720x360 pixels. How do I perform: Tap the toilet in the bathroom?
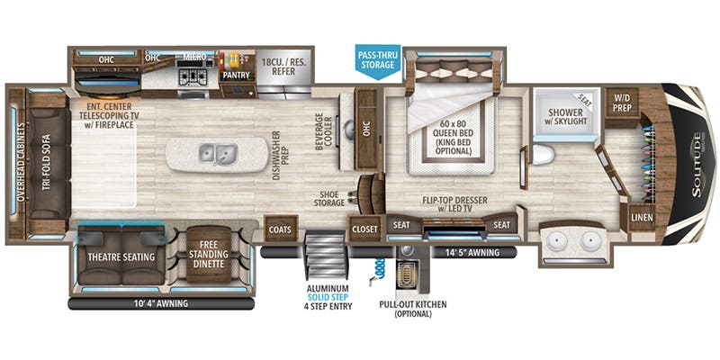[542, 155]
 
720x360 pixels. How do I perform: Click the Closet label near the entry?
[364, 229]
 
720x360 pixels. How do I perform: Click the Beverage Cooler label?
[324, 135]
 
